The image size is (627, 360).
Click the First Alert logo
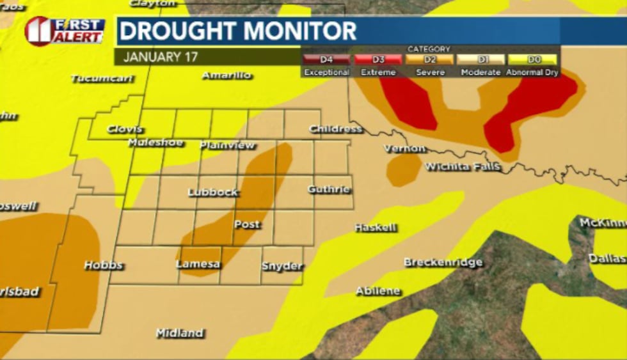pyautogui.click(x=64, y=31)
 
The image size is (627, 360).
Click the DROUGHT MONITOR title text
pyautogui.click(x=237, y=31)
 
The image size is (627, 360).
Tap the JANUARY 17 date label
pyautogui.click(x=161, y=56)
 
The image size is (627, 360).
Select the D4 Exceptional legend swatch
pyautogui.click(x=326, y=59)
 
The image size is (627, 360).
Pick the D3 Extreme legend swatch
pyautogui.click(x=378, y=59)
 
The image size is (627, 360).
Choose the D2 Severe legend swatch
pyautogui.click(x=430, y=59)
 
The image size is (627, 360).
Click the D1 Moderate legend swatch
pyautogui.click(x=480, y=59)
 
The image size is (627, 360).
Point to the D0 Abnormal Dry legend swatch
pyautogui.click(x=532, y=59)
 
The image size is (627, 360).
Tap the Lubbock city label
pyautogui.click(x=213, y=192)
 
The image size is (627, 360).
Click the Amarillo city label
pyautogui.click(x=226, y=75)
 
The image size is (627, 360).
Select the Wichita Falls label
pyautogui.click(x=463, y=168)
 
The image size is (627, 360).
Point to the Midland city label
pyautogui.click(x=180, y=333)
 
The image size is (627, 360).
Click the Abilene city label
pyautogui.click(x=378, y=292)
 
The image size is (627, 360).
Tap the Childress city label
pyautogui.click(x=336, y=129)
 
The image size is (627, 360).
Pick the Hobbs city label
pyautogui.click(x=103, y=265)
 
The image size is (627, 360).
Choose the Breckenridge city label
pyautogui.click(x=443, y=263)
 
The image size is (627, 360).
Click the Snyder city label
pyautogui.click(x=282, y=267)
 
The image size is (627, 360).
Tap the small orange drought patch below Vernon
pyautogui.click(x=403, y=169)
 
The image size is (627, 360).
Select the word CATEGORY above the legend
pyautogui.click(x=429, y=49)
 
